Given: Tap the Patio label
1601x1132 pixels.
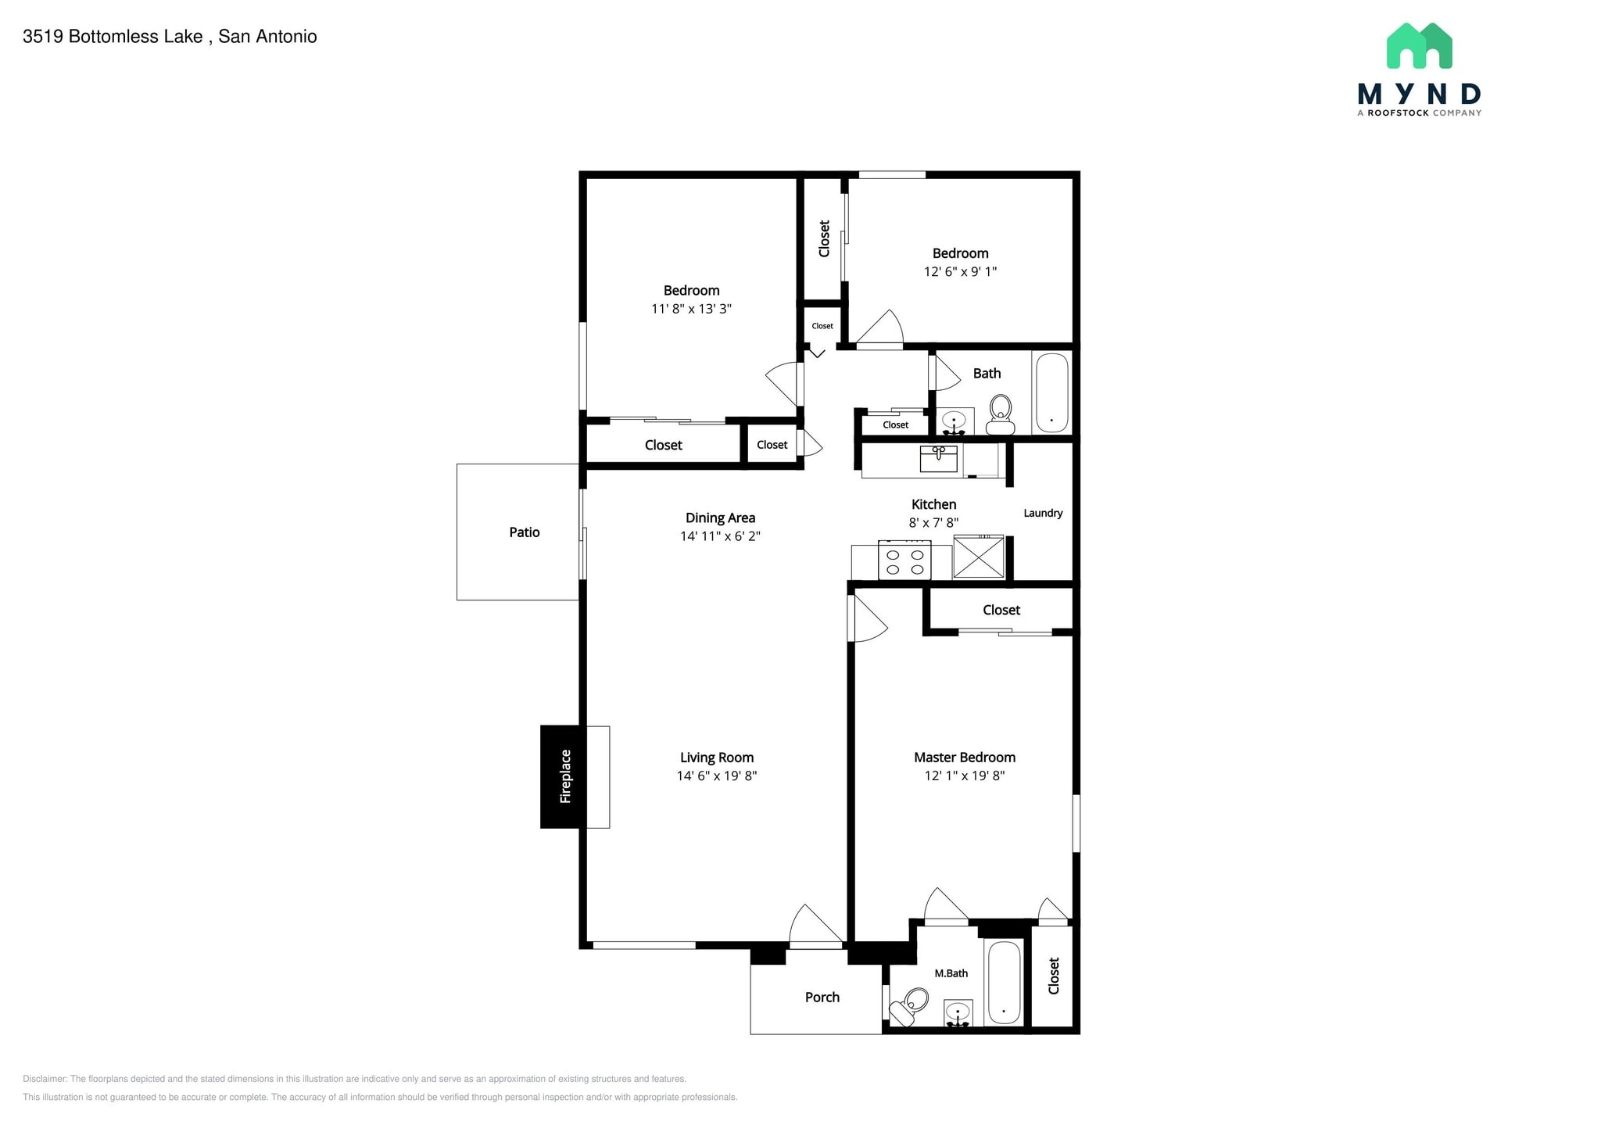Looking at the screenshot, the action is tap(525, 532).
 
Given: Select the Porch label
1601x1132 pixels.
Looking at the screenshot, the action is tap(822, 998).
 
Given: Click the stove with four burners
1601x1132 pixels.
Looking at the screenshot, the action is tap(904, 560).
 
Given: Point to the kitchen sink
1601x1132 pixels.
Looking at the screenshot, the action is tap(939, 459).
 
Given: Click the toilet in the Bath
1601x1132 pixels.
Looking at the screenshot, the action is tap(1001, 414).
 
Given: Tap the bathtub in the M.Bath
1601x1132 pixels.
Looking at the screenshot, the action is tap(1004, 983).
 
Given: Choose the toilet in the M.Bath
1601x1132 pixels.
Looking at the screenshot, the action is tap(909, 1006).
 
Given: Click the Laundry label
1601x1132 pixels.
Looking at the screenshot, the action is tap(1043, 514).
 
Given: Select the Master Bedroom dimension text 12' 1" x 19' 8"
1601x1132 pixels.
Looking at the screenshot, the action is tap(965, 776).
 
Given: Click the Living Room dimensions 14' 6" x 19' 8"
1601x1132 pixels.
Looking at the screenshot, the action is tap(717, 776).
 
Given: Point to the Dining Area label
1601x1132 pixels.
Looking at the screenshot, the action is tap(720, 518).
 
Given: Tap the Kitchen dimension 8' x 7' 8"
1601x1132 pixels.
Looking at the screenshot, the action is tap(933, 523).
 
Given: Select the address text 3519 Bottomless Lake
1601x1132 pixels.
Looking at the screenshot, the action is tap(113, 37).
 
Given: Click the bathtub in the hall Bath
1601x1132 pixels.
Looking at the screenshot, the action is tap(1051, 393).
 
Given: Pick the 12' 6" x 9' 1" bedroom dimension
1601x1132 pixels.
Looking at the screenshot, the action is tap(960, 272).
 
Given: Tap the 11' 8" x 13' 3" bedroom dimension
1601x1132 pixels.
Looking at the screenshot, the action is tap(691, 309).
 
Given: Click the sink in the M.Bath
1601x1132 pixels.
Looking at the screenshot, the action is tap(958, 1013).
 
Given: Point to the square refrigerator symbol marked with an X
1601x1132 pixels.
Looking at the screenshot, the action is tap(978, 557).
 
